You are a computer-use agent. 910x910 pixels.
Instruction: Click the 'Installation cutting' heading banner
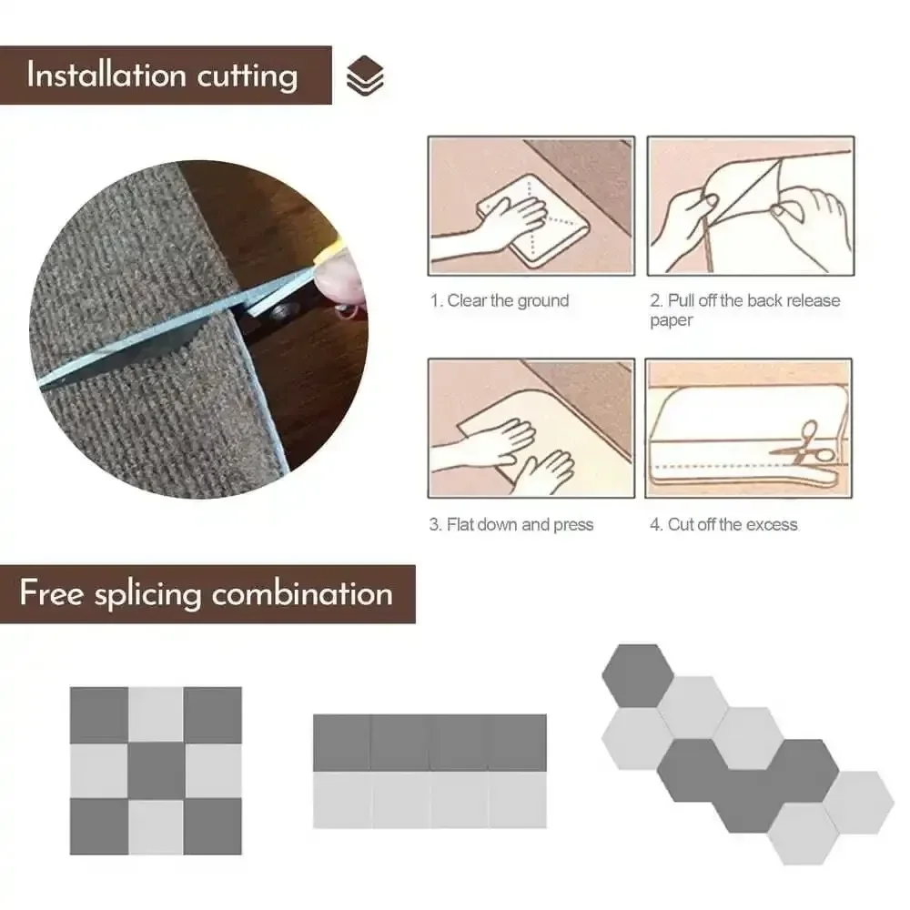(x=164, y=75)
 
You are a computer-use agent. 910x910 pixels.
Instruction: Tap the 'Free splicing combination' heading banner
(x=207, y=594)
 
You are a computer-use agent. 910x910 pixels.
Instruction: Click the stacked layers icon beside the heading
(x=365, y=76)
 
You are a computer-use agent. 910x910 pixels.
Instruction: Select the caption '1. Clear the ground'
(x=500, y=301)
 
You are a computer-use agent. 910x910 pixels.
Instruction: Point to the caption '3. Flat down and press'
(x=511, y=525)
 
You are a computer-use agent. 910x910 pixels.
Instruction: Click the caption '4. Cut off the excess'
(x=723, y=525)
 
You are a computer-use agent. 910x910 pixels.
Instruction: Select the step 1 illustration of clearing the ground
(x=531, y=206)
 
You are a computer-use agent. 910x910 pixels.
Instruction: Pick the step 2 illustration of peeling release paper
(x=750, y=206)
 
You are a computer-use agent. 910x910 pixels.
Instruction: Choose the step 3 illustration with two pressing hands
(x=531, y=428)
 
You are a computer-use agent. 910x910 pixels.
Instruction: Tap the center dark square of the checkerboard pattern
(x=157, y=771)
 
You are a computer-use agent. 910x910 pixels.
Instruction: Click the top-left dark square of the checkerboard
(x=99, y=714)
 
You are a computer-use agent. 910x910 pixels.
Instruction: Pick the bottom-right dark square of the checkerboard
(x=213, y=826)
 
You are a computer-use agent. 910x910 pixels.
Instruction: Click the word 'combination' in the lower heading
(x=302, y=594)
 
